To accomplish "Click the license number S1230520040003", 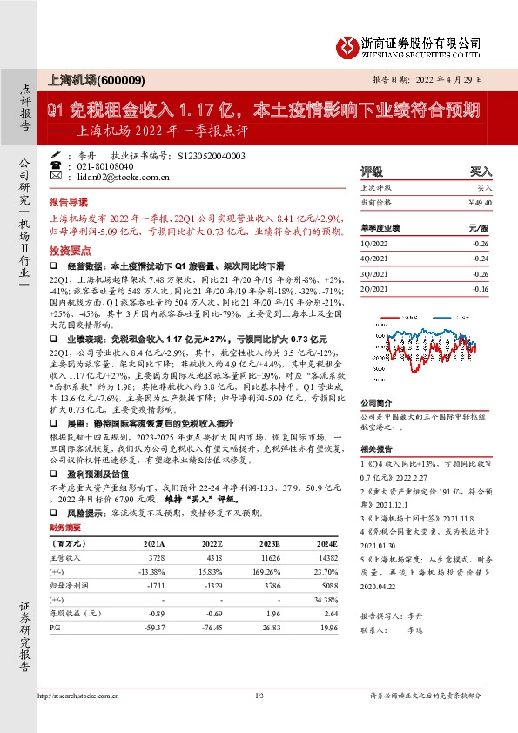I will (x=212, y=155).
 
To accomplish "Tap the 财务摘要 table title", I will (x=66, y=528).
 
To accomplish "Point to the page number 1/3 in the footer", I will (x=259, y=695).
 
